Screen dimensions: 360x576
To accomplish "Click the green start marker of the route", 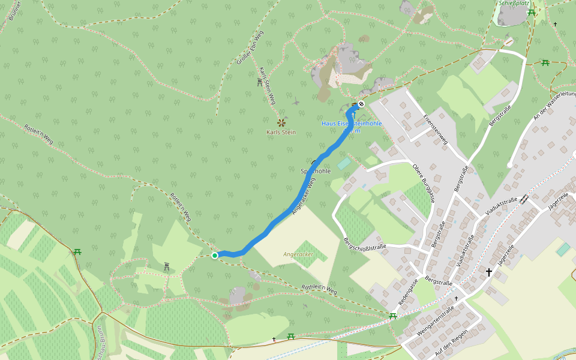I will pyautogui.click(x=215, y=256).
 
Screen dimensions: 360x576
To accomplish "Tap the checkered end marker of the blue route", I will pyautogui.click(x=361, y=104).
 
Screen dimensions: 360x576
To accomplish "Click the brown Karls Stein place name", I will pyautogui.click(x=281, y=132).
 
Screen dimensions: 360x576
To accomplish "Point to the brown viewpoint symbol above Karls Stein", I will pyautogui.click(x=281, y=123).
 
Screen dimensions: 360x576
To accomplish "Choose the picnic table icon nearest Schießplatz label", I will pyautogui.click(x=531, y=12).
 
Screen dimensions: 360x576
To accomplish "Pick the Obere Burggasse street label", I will pyautogui.click(x=422, y=182).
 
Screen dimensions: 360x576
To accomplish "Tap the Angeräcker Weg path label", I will pyautogui.click(x=304, y=196).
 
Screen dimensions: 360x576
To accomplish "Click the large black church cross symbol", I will pyautogui.click(x=488, y=272).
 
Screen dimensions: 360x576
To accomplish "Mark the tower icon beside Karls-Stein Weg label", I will pyautogui.click(x=259, y=82).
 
